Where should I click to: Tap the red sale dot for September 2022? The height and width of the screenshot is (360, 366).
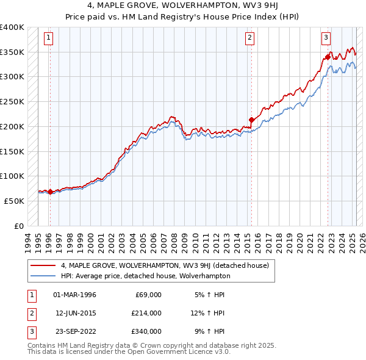(x=328, y=57)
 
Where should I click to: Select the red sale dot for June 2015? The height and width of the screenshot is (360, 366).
(x=251, y=120)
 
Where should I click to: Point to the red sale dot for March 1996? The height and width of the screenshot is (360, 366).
(x=50, y=192)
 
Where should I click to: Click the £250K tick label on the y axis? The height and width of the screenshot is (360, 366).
(x=12, y=101)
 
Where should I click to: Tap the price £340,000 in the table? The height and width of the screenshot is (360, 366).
(x=146, y=331)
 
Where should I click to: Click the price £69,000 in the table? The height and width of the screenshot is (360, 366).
(x=148, y=295)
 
